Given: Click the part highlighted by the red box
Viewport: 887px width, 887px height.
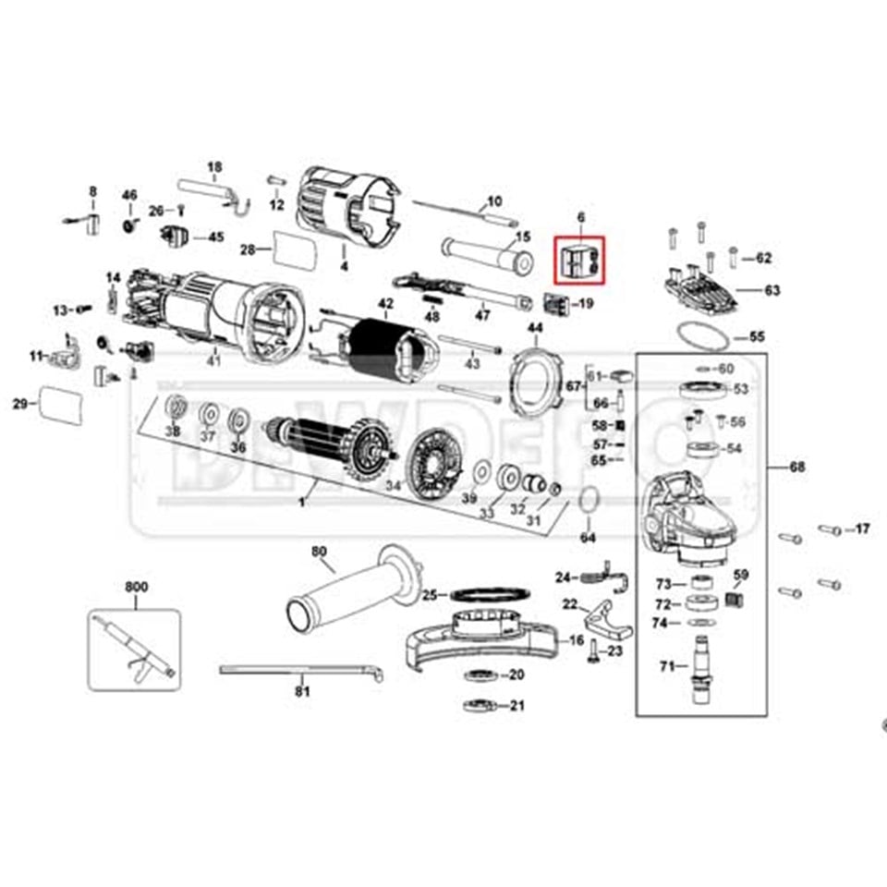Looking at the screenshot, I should pyautogui.click(x=577, y=261).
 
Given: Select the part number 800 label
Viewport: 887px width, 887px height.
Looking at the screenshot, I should pyautogui.click(x=136, y=587).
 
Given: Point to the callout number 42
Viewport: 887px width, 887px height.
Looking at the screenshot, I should pyautogui.click(x=386, y=304).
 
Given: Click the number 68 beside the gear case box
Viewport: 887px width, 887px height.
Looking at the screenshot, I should pyautogui.click(x=796, y=468).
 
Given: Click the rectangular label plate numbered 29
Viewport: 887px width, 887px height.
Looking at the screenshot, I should pyautogui.click(x=61, y=403).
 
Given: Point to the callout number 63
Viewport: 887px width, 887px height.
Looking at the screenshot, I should pyautogui.click(x=772, y=290).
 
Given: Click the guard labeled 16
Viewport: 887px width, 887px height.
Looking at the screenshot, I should pyautogui.click(x=480, y=638).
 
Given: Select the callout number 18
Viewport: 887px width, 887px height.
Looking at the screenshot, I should pyautogui.click(x=214, y=167).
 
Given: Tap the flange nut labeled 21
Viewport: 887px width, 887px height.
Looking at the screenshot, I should pyautogui.click(x=481, y=707).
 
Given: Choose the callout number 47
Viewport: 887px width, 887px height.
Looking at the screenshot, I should pyautogui.click(x=481, y=316).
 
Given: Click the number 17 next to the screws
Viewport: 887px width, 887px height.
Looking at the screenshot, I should pyautogui.click(x=861, y=529).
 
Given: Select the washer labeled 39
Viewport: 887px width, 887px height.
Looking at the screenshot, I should pyautogui.click(x=480, y=475).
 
